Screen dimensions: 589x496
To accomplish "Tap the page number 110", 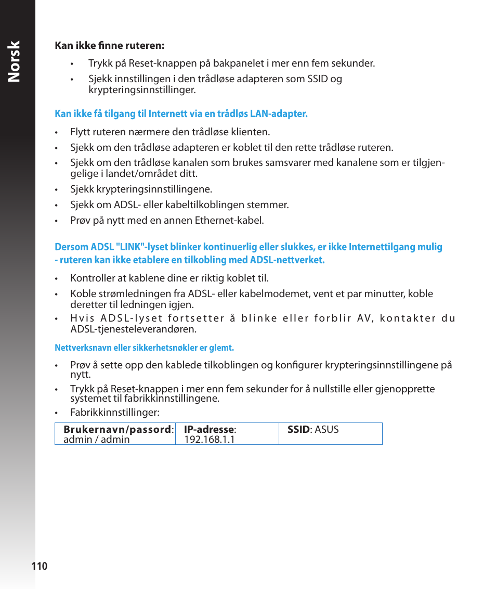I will point(39,567).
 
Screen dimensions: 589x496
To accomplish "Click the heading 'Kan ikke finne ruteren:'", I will point(109,46).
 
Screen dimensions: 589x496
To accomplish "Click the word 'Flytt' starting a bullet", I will point(81,132).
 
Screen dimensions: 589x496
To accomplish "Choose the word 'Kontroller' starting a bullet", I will point(92,278).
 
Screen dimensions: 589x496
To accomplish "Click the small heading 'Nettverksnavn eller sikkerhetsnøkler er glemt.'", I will point(144,348).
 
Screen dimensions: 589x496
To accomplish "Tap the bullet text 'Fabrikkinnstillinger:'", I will point(114,413).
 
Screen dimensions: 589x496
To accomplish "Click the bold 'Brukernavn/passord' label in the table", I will point(117,430).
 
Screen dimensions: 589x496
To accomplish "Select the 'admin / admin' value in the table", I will point(96,440).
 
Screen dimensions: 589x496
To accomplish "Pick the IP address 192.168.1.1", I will point(210,440).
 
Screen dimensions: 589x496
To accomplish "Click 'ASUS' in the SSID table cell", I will point(327,430).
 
